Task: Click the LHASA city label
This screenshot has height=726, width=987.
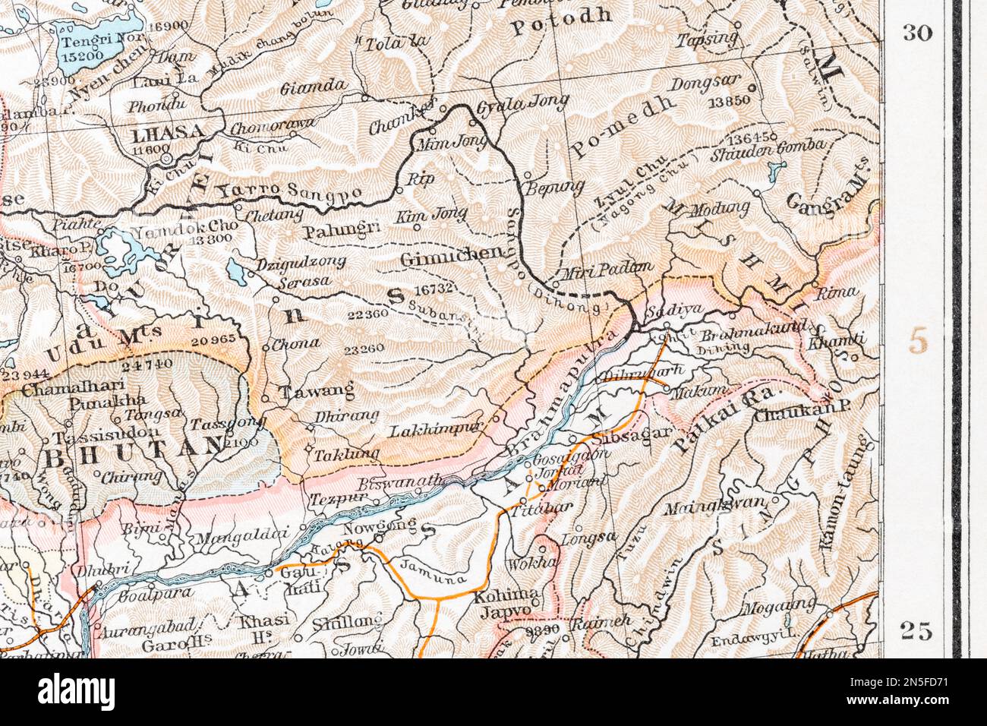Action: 168,134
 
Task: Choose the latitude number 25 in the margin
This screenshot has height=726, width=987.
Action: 916,630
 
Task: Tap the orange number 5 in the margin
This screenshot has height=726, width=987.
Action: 918,342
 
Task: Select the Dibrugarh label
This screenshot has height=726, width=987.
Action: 642,371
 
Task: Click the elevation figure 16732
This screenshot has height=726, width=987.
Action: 435,289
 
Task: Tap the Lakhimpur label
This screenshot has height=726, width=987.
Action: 436,430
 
